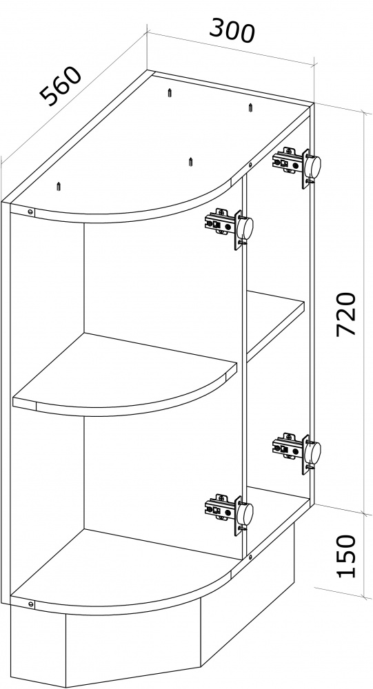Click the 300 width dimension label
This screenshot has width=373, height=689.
tap(232, 30)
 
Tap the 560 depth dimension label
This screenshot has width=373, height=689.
tap(61, 87)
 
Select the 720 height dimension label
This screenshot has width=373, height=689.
tap(345, 314)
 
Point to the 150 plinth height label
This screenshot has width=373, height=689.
tap(345, 555)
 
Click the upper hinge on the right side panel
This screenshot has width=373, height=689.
tap(297, 165)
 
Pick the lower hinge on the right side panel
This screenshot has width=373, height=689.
tap(297, 451)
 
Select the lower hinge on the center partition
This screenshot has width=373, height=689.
tap(229, 513)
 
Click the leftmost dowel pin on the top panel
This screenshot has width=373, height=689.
tap(59, 186)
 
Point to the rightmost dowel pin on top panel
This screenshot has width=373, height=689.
tap(250, 107)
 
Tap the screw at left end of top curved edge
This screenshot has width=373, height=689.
tap(30, 212)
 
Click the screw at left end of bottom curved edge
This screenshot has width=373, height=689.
tap(30, 604)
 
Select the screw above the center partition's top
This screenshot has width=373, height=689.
tap(250, 165)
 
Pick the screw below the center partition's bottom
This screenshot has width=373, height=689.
tap(250, 557)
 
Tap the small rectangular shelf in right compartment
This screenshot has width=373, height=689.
tap(276, 325)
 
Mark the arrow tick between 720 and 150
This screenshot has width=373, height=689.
tap(363, 513)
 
